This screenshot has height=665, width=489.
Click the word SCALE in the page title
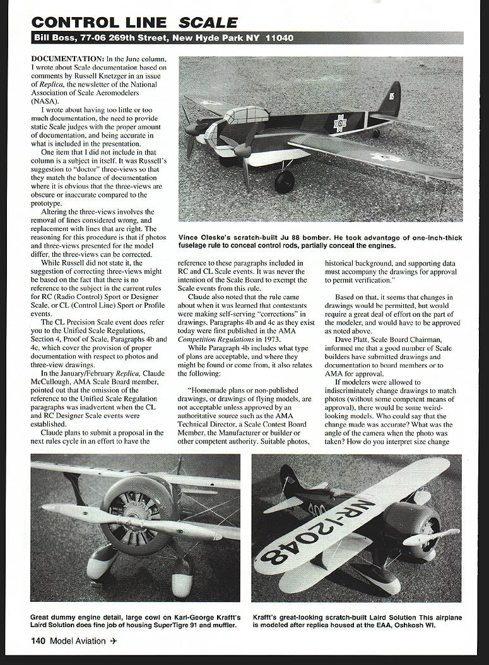pyautogui.click(x=209, y=22)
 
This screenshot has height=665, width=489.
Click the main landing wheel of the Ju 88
pyautogui.click(x=285, y=182)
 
